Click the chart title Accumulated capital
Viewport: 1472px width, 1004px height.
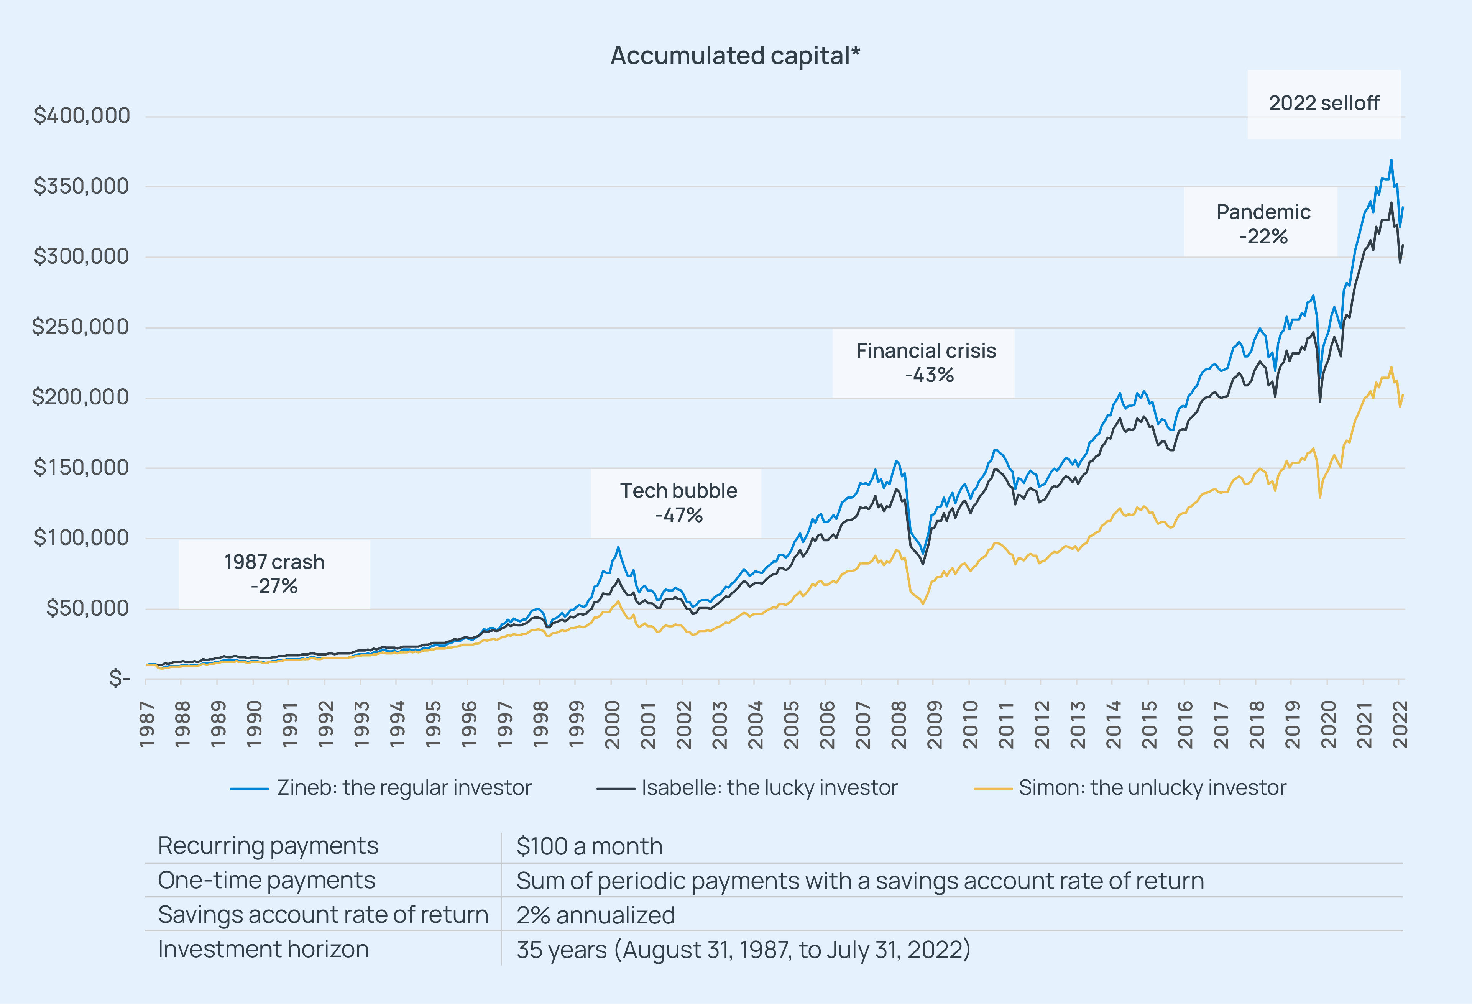tap(735, 56)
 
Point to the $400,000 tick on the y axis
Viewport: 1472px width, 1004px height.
tap(82, 116)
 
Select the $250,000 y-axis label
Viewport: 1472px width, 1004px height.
tap(80, 327)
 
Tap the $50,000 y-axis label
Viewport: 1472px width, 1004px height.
tap(87, 608)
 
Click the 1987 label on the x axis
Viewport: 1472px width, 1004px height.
tap(147, 724)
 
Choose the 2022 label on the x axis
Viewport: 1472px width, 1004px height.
tap(1400, 724)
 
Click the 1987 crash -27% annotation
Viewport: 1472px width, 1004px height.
tap(274, 574)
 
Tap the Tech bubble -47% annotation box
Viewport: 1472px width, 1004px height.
tap(678, 503)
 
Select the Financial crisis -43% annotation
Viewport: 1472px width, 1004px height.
tap(926, 363)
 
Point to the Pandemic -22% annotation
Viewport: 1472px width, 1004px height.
tap(1263, 223)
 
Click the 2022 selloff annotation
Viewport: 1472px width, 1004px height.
tap(1324, 103)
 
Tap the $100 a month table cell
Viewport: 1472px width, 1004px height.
tap(590, 846)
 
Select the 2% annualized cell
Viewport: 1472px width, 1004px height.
tap(595, 915)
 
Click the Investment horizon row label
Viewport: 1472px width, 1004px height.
tap(263, 949)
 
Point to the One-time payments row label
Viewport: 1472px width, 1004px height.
tap(267, 881)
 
